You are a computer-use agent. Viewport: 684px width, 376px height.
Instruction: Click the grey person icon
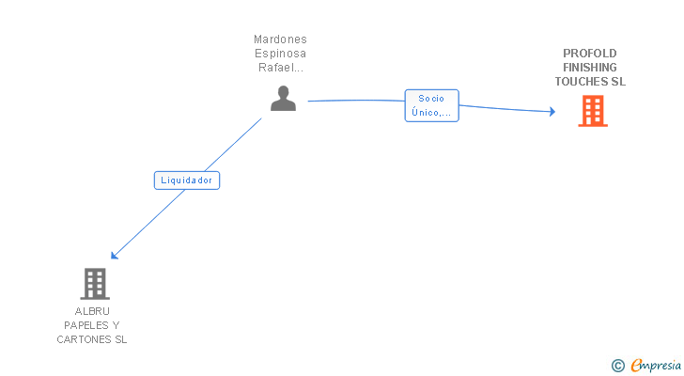[x=283, y=98]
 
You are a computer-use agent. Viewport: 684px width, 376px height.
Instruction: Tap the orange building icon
[x=593, y=111]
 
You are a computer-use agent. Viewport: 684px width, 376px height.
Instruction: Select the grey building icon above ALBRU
[x=95, y=284]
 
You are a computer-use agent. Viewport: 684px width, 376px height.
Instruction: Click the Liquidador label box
[x=187, y=180]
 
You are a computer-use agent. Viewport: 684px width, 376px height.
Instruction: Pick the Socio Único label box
[x=432, y=105]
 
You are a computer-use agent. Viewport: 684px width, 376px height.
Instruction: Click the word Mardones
[x=281, y=39]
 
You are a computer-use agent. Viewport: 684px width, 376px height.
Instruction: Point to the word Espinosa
[x=281, y=54]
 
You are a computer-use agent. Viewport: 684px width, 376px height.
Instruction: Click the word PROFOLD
[x=590, y=54]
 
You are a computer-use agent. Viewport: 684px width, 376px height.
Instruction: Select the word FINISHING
[x=590, y=67]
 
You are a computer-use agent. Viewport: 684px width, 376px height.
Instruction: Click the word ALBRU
[x=92, y=311]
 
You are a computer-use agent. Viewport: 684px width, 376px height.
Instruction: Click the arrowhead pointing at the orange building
[x=552, y=112]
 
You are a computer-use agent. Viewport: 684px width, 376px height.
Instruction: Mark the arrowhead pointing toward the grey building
[x=115, y=255]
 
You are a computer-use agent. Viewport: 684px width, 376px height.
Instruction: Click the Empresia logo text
[x=656, y=366]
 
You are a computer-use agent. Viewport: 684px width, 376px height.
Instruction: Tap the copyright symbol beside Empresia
[x=617, y=366]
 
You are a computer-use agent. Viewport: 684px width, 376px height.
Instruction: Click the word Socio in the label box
[x=431, y=99]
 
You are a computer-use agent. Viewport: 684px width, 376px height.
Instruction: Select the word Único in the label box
[x=425, y=113]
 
